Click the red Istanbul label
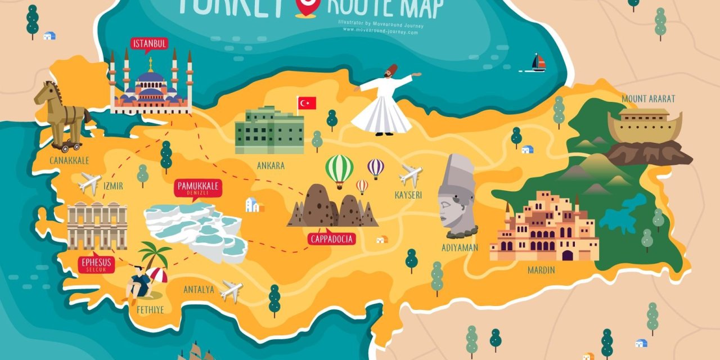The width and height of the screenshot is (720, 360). point(149,44)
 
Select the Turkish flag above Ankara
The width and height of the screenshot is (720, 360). point(307,103)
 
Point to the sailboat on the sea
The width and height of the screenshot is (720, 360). point(538,63)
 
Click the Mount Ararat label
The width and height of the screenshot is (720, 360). point(648,99)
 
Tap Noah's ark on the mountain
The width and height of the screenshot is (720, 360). point(645,126)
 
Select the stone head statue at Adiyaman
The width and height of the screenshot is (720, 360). point(457,195)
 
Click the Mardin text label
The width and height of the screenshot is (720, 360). point(541,270)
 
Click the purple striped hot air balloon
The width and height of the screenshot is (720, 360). point(376,168)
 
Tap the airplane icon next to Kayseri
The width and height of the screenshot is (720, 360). point(411,175)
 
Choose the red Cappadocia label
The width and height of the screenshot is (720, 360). point(332,239)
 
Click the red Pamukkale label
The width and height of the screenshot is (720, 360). point(198,188)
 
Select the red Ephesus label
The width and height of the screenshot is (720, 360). point(97,264)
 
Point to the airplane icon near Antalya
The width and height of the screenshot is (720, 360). point(231,291)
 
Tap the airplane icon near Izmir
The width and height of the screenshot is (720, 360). point(89,183)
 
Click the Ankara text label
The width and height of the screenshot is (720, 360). point(271,166)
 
